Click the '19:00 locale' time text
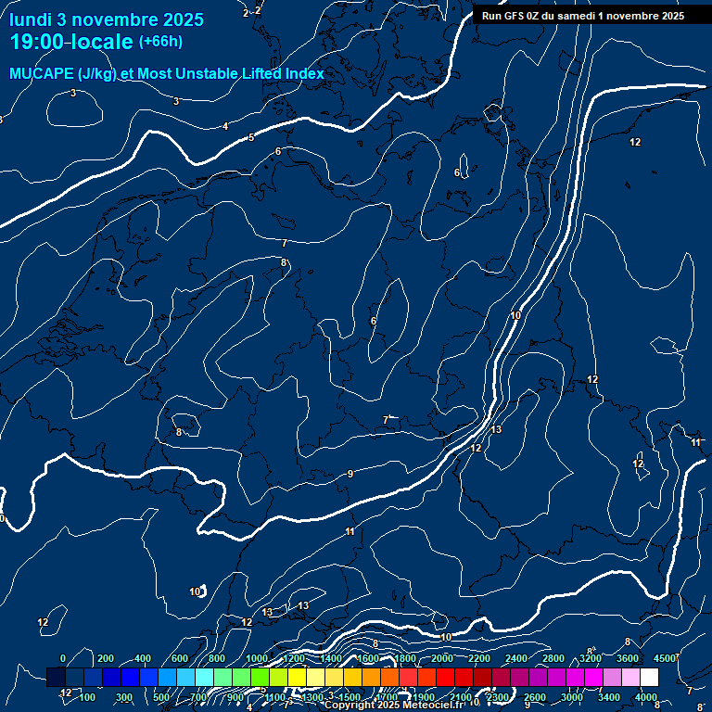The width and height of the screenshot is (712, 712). pyautogui.click(x=72, y=42)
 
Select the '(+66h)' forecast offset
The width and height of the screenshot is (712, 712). pyautogui.click(x=160, y=42)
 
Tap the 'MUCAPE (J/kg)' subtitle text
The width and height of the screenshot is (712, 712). pyautogui.click(x=63, y=73)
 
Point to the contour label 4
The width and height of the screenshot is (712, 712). pyautogui.click(x=225, y=126)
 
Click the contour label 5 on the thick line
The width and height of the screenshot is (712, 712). pyautogui.click(x=250, y=138)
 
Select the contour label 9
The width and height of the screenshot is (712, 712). pyautogui.click(x=350, y=475)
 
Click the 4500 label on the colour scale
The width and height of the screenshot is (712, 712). pyautogui.click(x=666, y=658)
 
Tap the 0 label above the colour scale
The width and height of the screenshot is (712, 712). pyautogui.click(x=63, y=658)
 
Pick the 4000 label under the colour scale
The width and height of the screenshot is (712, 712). pyautogui.click(x=646, y=697)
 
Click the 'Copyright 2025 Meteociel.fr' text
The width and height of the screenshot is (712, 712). pyautogui.click(x=394, y=706)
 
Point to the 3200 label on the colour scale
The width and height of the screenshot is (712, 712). pyautogui.click(x=591, y=658)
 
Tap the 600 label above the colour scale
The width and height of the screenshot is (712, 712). pyautogui.click(x=181, y=658)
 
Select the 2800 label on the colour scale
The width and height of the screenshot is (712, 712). pyautogui.click(x=553, y=658)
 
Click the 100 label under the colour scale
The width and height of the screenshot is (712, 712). pyautogui.click(x=87, y=697)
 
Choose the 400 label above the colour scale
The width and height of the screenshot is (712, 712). pyautogui.click(x=143, y=658)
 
